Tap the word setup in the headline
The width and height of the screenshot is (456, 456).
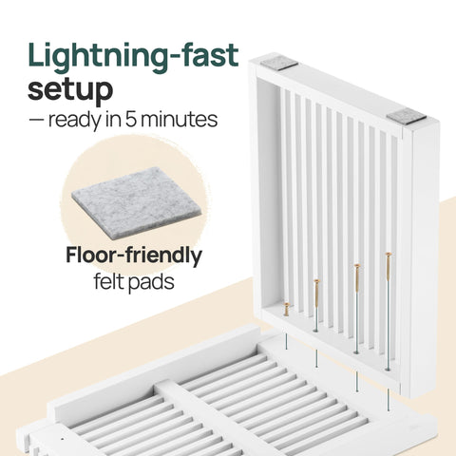pos(70,90)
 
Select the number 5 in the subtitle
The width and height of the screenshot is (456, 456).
pos(131,120)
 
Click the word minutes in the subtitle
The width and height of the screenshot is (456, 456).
pos(179,120)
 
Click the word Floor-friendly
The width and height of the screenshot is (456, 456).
pos(134,256)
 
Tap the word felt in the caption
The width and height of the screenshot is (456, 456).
pos(107,281)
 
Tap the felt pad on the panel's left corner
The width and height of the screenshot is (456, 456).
pos(279,63)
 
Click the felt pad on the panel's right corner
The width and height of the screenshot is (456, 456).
pos(407,116)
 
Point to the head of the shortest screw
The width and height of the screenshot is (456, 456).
pos(287,305)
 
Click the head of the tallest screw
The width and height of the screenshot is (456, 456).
pos(389,254)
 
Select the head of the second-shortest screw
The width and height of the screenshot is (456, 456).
pos(316,281)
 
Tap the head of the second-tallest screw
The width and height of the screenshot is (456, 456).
pos(357,265)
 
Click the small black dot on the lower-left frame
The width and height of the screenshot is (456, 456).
pos(62,439)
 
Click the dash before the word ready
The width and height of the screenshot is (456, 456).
pos(36,121)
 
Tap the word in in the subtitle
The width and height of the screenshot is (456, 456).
pos(114,120)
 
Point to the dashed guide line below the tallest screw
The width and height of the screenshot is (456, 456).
pos(389,400)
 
